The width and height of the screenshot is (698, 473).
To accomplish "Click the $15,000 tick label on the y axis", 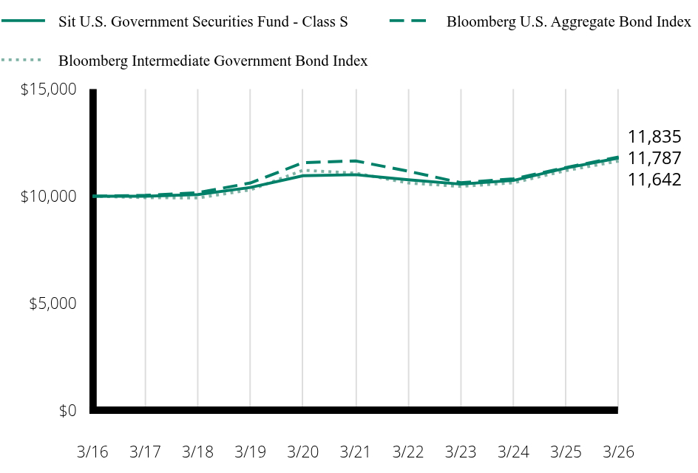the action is pyautogui.click(x=49, y=89).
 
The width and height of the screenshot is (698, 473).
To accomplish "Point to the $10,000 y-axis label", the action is pyautogui.click(x=49, y=197).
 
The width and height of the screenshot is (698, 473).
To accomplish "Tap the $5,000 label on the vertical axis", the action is pyautogui.click(x=53, y=304).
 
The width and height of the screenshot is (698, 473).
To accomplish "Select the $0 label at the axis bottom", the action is pyautogui.click(x=68, y=410).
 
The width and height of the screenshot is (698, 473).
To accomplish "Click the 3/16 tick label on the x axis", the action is pyautogui.click(x=92, y=452).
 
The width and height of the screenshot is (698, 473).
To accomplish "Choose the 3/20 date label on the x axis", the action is pyautogui.click(x=302, y=452).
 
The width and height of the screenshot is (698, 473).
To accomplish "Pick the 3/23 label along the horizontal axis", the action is pyautogui.click(x=461, y=452).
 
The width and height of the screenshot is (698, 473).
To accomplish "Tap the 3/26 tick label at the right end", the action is pyautogui.click(x=618, y=452).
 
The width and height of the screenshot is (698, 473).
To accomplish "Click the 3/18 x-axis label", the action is pyautogui.click(x=197, y=452).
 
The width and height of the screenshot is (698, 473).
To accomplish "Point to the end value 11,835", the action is pyautogui.click(x=654, y=137).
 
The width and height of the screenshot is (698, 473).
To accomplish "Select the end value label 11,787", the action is pyautogui.click(x=654, y=158).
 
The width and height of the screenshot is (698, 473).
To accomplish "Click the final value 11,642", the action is pyautogui.click(x=654, y=180).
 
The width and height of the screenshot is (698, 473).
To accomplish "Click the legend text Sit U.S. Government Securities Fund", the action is pyautogui.click(x=174, y=21).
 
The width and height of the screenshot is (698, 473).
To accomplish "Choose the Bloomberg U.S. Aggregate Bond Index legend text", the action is pyautogui.click(x=569, y=22).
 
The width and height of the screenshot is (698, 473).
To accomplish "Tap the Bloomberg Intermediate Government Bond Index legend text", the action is pyautogui.click(x=213, y=61).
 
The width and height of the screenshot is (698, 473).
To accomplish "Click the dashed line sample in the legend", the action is pyautogui.click(x=408, y=21).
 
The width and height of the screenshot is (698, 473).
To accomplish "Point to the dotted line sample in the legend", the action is pyautogui.click(x=21, y=60).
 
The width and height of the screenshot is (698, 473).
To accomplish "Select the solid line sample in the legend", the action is pyautogui.click(x=23, y=21).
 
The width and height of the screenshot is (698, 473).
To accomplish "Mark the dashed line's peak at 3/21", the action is pyautogui.click(x=356, y=161).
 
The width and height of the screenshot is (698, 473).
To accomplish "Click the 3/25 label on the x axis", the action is pyautogui.click(x=566, y=452).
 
